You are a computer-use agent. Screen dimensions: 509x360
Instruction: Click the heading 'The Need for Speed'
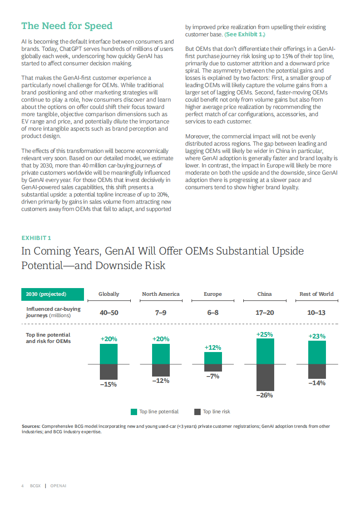(67, 26)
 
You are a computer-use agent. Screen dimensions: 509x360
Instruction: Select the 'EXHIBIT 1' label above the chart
(36, 238)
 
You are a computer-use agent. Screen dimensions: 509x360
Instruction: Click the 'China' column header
(264, 294)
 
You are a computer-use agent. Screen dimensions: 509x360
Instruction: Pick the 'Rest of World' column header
(316, 294)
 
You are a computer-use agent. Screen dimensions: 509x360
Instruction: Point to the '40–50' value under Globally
(109, 313)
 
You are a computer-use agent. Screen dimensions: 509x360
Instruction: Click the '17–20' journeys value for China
(264, 313)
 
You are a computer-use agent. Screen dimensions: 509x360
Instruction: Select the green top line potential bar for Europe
(213, 358)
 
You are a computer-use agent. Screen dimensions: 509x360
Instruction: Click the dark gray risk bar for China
(265, 377)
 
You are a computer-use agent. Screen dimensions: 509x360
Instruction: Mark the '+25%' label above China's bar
(265, 334)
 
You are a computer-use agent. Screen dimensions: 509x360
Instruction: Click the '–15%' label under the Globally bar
(108, 384)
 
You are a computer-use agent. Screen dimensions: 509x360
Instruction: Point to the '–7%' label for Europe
(213, 376)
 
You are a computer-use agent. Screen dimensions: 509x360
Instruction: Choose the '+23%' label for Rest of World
(317, 336)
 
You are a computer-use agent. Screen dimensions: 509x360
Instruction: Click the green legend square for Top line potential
(134, 412)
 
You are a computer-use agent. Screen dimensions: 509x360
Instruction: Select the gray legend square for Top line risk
(197, 412)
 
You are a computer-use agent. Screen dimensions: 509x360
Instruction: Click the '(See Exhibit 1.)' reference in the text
(245, 34)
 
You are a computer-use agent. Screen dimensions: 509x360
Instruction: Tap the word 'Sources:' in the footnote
(31, 426)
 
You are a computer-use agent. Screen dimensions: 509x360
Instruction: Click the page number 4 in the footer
(23, 486)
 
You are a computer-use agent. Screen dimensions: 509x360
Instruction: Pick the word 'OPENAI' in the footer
(59, 486)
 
